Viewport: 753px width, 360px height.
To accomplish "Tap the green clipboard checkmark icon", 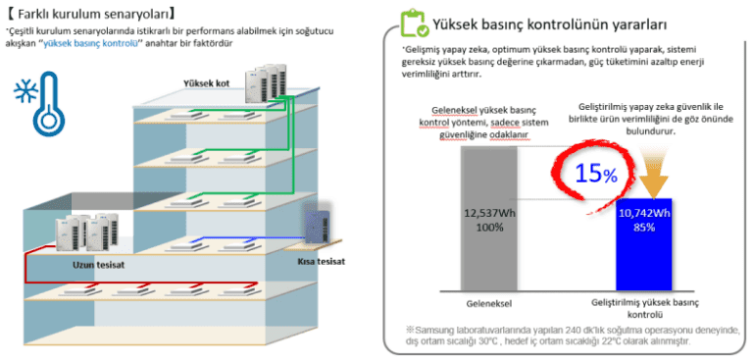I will pyautogui.click(x=413, y=24).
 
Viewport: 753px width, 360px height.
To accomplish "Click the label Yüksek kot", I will pyautogui.click(x=207, y=81).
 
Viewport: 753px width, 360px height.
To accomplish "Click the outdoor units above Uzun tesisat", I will pyautogui.click(x=86, y=231).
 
